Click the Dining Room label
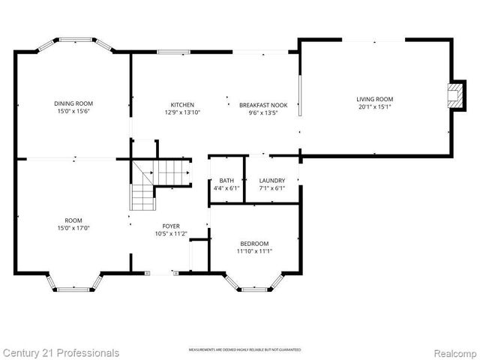coord(73,103)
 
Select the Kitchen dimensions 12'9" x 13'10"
coord(182,112)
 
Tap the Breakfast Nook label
coord(262,105)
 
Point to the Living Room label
coord(374,99)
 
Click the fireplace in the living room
coord(452,95)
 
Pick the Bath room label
coord(226,181)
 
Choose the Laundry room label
coord(271,181)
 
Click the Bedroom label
coord(254,244)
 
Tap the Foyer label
coord(171,226)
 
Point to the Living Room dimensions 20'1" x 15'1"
coord(374,106)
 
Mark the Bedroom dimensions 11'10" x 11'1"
coord(254,251)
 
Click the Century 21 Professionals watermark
coord(60,352)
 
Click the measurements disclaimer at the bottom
coord(244,350)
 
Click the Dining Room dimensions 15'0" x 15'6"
coord(73,111)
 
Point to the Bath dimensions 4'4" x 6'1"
coord(226,188)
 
